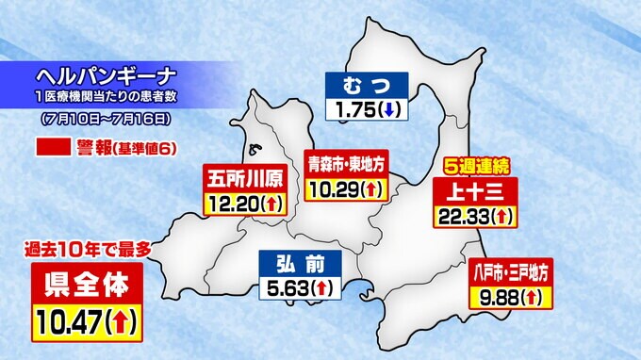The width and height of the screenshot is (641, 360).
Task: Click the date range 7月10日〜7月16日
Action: pos(106,120)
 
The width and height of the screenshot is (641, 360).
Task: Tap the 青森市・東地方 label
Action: pos(346,163)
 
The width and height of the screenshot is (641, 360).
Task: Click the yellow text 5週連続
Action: pos(476,166)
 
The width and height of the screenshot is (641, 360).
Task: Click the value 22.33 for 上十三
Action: pos(461,217)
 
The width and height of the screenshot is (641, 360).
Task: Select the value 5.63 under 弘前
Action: pos(287,287)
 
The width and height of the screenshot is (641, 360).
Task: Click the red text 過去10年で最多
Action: pos(88,250)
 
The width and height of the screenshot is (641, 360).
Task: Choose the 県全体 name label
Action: pos(88,281)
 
